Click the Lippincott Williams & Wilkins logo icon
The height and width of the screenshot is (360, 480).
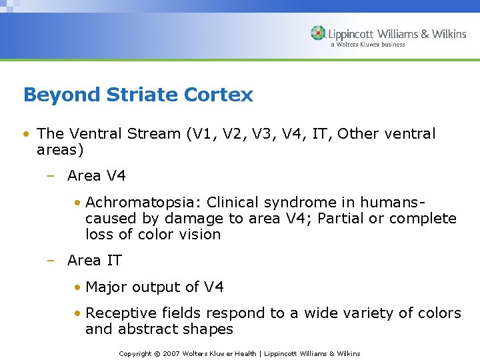coord(318,33)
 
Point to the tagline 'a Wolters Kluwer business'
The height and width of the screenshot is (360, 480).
coord(368,45)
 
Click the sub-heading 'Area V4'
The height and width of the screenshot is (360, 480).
coord(97,176)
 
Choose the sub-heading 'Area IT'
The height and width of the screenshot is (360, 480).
coord(95,261)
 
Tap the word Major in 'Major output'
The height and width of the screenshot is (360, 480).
coord(105,287)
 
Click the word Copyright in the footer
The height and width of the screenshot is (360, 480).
coord(135,353)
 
